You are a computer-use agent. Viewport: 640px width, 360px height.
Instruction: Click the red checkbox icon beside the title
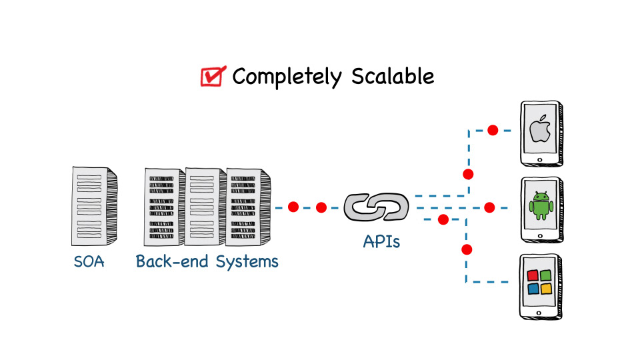[x=213, y=77]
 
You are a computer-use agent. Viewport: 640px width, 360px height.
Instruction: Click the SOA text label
[x=89, y=261]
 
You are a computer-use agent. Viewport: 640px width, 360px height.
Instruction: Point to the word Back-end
[x=172, y=261]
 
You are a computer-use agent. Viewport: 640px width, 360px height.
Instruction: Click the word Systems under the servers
[x=247, y=261]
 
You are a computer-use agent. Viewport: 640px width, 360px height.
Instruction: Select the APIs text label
[x=381, y=241]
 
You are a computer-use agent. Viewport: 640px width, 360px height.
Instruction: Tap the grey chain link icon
[x=376, y=207]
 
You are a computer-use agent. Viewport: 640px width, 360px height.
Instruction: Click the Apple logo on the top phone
[x=540, y=130]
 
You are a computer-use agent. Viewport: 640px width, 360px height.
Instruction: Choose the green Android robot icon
[x=540, y=205]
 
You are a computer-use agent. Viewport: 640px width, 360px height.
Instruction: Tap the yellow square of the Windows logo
[x=547, y=289]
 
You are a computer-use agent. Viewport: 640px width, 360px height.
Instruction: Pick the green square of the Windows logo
[x=547, y=275]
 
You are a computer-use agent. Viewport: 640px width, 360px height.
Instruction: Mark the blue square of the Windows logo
[x=533, y=289]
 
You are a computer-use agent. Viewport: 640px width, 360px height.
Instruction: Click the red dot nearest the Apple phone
[x=493, y=130]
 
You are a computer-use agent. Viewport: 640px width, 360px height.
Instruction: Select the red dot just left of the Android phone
[x=489, y=207]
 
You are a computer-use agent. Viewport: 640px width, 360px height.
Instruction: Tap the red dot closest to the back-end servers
[x=293, y=207]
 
